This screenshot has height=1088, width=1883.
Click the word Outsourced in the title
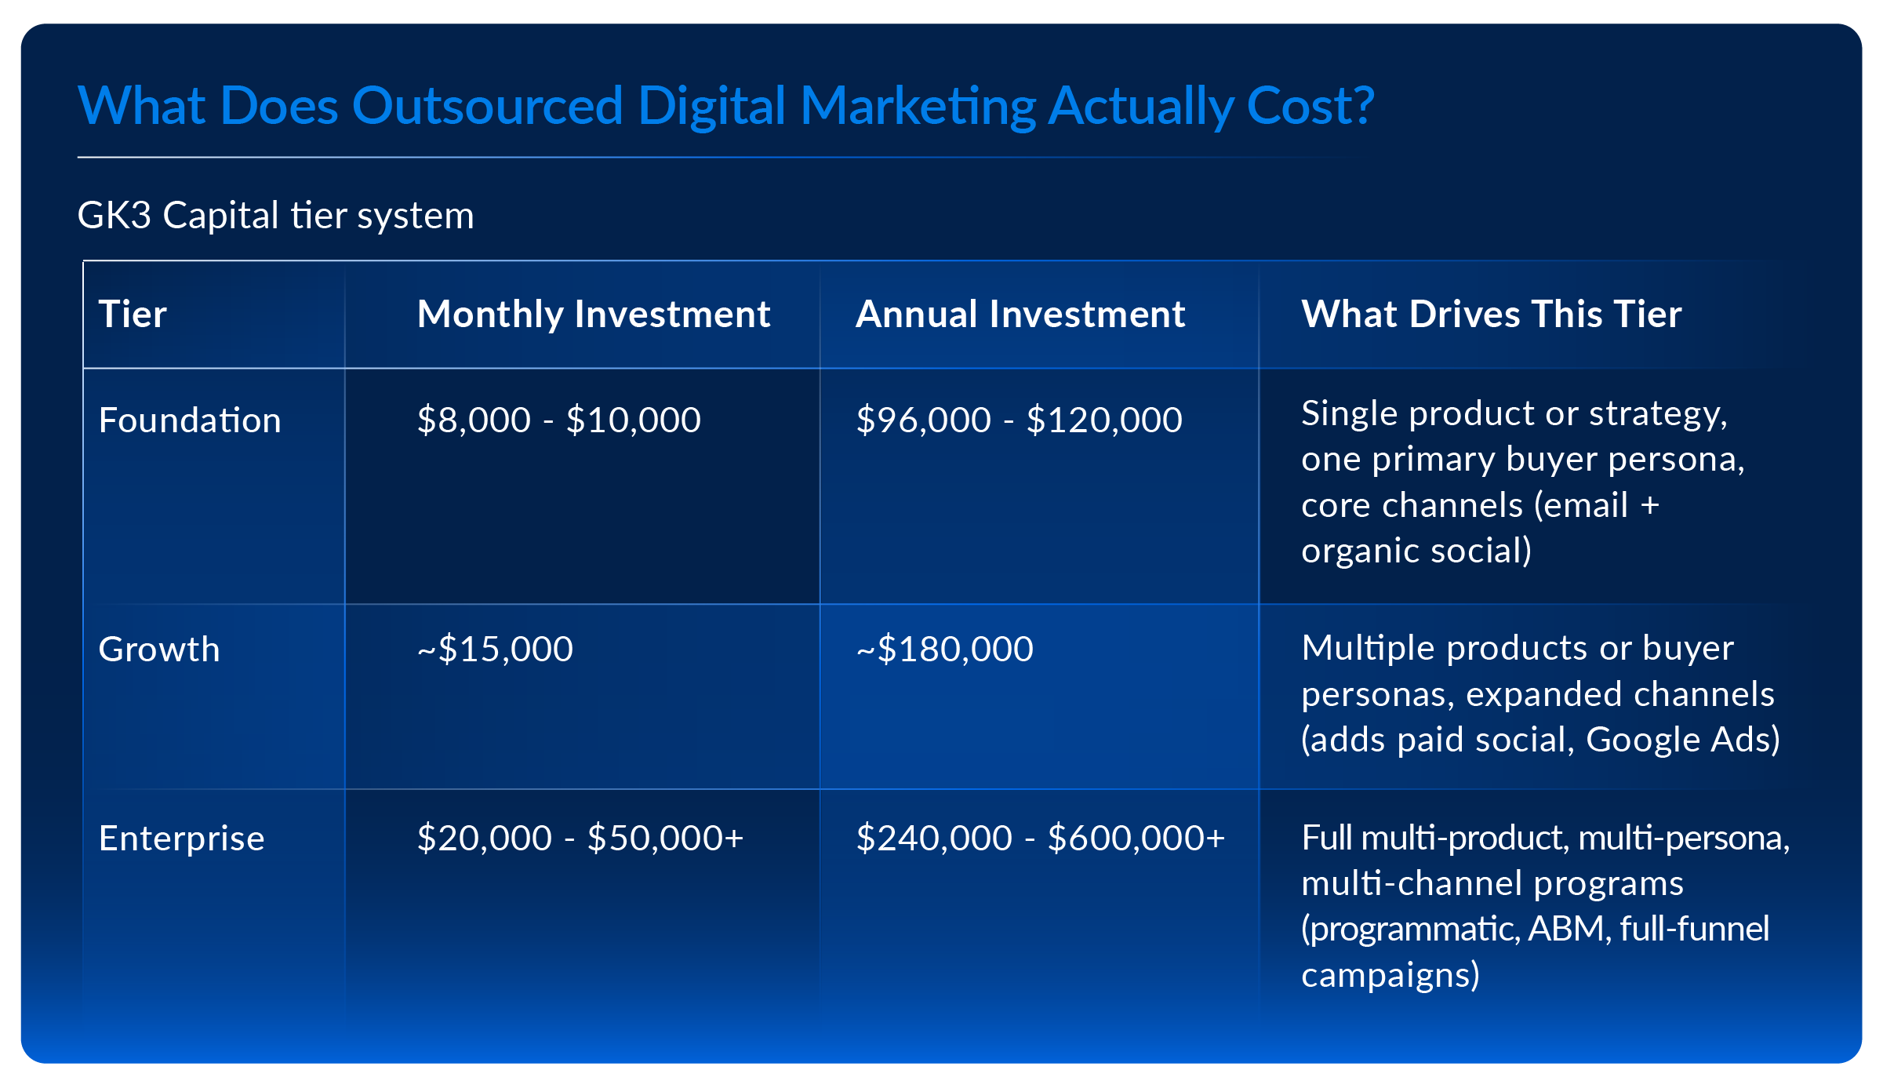(x=487, y=106)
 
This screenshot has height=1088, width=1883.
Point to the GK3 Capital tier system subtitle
(x=275, y=216)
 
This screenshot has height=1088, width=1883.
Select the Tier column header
(x=133, y=315)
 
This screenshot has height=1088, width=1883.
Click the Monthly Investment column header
(x=594, y=315)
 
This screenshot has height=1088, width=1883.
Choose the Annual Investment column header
(x=1020, y=315)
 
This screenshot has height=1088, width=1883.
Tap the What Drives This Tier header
(x=1491, y=315)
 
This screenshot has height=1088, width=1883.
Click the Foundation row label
(x=190, y=420)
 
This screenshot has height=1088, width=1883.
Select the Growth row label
(x=159, y=650)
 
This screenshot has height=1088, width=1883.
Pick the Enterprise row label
(x=181, y=839)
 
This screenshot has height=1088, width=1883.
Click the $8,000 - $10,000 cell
(x=558, y=420)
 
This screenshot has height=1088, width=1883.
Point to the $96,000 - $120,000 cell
(x=1019, y=420)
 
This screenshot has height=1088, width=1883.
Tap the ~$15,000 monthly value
(x=495, y=650)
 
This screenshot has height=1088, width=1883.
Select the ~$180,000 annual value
(x=944, y=650)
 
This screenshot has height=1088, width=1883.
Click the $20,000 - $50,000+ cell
(x=580, y=839)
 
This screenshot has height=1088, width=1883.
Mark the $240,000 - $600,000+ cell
(x=1040, y=839)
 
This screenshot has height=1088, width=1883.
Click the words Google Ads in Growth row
(x=1682, y=740)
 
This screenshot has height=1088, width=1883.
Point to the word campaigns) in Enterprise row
(x=1390, y=975)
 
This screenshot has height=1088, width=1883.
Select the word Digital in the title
(x=711, y=106)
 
